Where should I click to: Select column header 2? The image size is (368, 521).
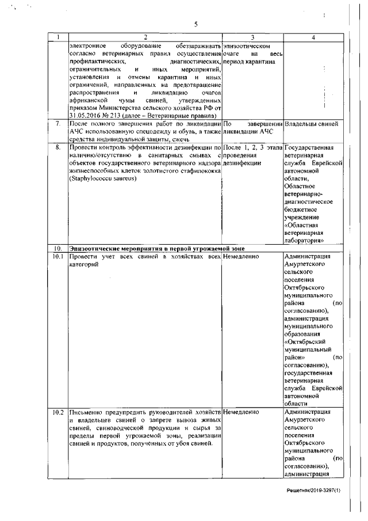click(145, 37)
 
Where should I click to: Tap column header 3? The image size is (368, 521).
click(252, 37)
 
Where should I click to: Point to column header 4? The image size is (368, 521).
click(313, 37)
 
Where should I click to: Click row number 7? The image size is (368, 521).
click(57, 124)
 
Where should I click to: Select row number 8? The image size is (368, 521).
click(57, 148)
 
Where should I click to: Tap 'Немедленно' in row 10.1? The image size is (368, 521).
click(241, 256)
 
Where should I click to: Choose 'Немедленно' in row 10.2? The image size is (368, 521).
click(241, 413)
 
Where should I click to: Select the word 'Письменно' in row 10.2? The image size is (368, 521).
click(85, 413)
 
